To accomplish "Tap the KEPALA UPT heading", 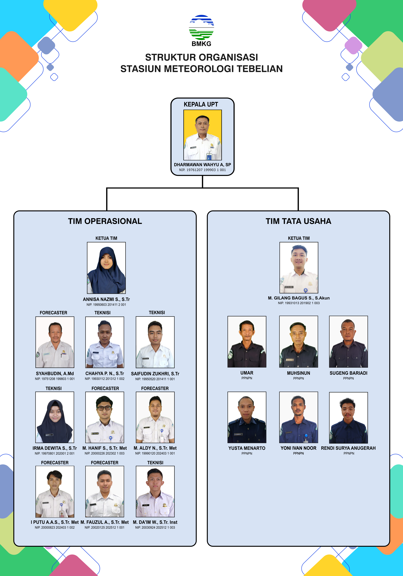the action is coord(201,104).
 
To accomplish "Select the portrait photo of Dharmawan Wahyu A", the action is coord(203,135).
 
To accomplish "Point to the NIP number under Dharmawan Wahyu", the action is coord(202,170).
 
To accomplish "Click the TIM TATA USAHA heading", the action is coord(298,221).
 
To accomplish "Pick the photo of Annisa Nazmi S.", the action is coord(106,268).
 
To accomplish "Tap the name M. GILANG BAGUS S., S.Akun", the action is coord(299,298).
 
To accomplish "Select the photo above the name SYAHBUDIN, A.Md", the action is coord(55,342).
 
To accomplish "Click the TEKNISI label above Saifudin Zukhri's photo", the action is coord(157,313).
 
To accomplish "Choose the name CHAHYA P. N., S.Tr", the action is coord(105,373).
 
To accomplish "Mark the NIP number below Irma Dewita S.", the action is coord(55,453).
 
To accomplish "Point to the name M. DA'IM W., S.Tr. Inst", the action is coord(155,522).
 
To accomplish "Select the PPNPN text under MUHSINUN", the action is coord(298,378).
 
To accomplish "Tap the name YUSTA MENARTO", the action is coord(247,448).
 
